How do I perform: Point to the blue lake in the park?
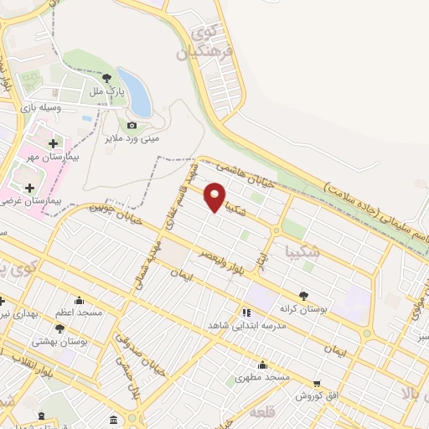pos(137,93)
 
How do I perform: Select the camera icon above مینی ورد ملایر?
pos(132,126)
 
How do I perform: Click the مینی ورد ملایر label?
pos(132,138)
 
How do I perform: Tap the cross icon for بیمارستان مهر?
pos(54,143)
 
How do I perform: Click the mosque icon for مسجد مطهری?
pos(263,364)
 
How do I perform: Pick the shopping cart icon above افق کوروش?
pos(316,384)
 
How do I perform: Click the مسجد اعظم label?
pos(79,313)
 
